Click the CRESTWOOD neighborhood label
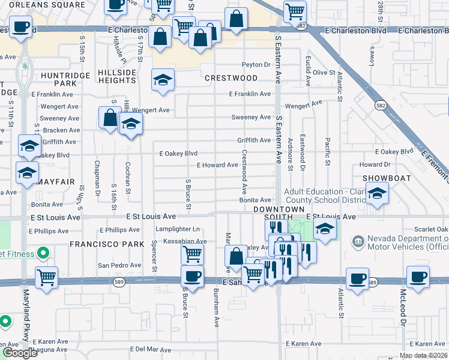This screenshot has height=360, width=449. point(231,78)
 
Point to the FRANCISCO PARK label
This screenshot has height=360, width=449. point(107,244)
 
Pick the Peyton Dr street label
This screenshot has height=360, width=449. point(256,65)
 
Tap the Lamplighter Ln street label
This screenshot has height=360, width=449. point(178,229)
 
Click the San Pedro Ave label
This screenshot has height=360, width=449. point(119,265)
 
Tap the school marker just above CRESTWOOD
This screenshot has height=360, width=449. point(163,80)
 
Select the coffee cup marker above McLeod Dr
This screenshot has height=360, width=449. point(418,277)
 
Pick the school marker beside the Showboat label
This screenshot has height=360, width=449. point(376,193)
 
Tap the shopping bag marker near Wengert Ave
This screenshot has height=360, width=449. point(110,117)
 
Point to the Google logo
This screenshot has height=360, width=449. point(19,353)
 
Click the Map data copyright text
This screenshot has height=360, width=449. point(423,355)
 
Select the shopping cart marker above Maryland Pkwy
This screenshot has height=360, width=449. point(46,277)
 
